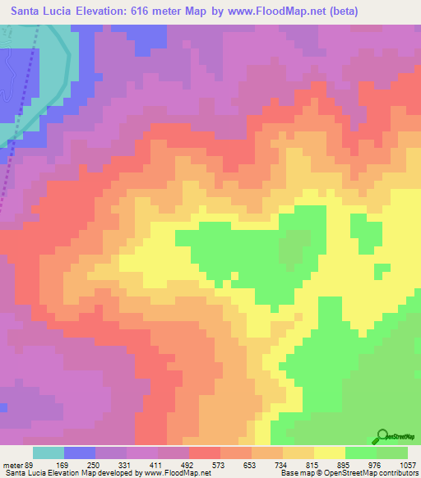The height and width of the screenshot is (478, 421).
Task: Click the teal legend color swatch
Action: [48, 453]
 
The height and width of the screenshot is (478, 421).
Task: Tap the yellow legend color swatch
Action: [329, 453]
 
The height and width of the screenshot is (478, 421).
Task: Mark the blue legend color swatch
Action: [79, 453]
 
